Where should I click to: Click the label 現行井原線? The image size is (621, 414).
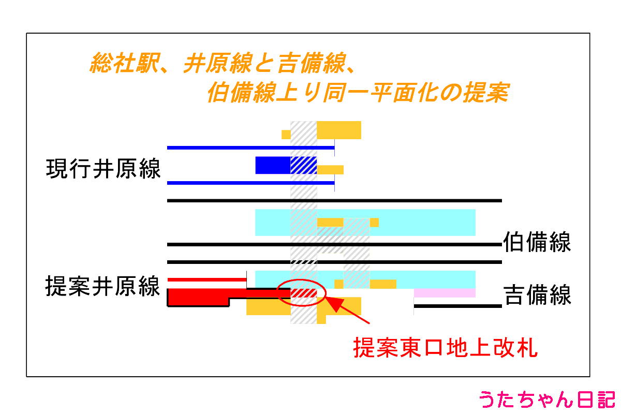point(103,169)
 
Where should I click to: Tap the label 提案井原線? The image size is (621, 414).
point(103,286)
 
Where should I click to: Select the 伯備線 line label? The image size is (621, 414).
point(537,243)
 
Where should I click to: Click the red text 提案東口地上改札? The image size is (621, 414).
point(446,348)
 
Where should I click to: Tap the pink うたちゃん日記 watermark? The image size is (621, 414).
point(546,400)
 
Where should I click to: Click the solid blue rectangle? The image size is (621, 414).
point(273,165)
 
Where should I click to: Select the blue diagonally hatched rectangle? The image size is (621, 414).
point(303,165)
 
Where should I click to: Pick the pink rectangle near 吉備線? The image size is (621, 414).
point(445,293)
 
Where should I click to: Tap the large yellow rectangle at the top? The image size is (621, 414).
point(338,130)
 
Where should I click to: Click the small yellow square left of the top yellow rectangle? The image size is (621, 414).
point(286,135)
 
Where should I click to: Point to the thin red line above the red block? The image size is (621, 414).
point(207,280)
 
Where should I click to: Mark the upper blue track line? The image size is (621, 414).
point(250,148)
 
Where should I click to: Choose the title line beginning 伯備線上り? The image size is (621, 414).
point(357,93)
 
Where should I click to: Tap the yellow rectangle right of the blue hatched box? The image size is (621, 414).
point(330,170)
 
